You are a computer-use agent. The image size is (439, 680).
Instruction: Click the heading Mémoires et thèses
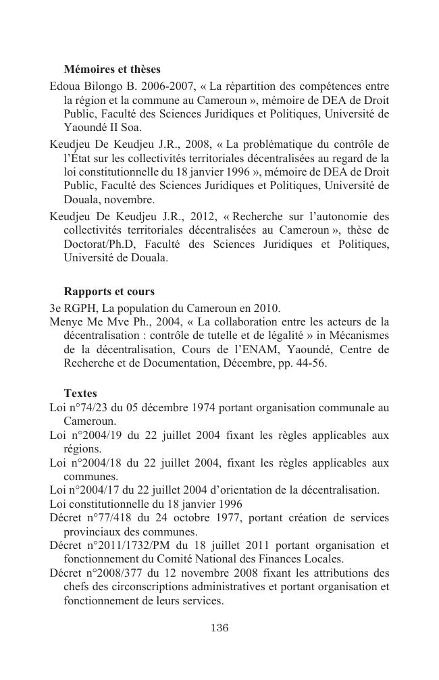click(x=111, y=69)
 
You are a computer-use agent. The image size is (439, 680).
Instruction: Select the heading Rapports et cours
click(x=109, y=292)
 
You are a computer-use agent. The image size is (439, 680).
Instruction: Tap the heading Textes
click(x=80, y=393)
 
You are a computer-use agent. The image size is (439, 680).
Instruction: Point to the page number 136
click(x=219, y=628)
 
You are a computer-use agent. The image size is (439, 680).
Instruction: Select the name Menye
click(x=66, y=321)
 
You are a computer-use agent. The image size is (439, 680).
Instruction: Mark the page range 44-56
click(x=315, y=363)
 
